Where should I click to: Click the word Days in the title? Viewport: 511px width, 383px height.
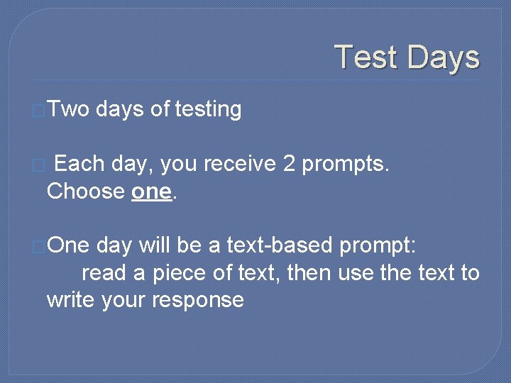(443, 57)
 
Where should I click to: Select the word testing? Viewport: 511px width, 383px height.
(208, 109)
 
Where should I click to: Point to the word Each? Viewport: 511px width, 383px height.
(79, 164)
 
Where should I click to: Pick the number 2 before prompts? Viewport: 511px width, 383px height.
(289, 164)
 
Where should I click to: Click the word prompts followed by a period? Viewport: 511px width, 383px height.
(346, 165)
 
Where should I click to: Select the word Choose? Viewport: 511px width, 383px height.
(85, 191)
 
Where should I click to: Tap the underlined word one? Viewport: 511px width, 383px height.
(152, 191)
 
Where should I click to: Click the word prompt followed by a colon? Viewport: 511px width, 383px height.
(382, 247)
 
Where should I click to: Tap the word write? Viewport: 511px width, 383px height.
(71, 299)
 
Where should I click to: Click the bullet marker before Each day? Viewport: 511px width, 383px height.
(40, 165)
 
